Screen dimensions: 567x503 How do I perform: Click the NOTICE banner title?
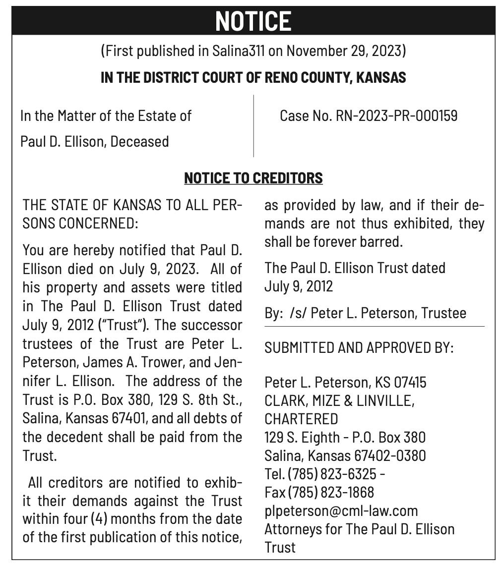tap(253, 21)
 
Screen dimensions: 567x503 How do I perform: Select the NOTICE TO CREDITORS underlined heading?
tap(253, 178)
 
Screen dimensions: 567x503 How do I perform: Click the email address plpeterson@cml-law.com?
tap(341, 510)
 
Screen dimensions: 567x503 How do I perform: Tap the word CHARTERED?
tap(301, 419)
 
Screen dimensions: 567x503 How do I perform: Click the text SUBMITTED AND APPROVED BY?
tap(359, 347)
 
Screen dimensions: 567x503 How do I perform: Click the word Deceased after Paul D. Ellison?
tap(139, 142)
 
